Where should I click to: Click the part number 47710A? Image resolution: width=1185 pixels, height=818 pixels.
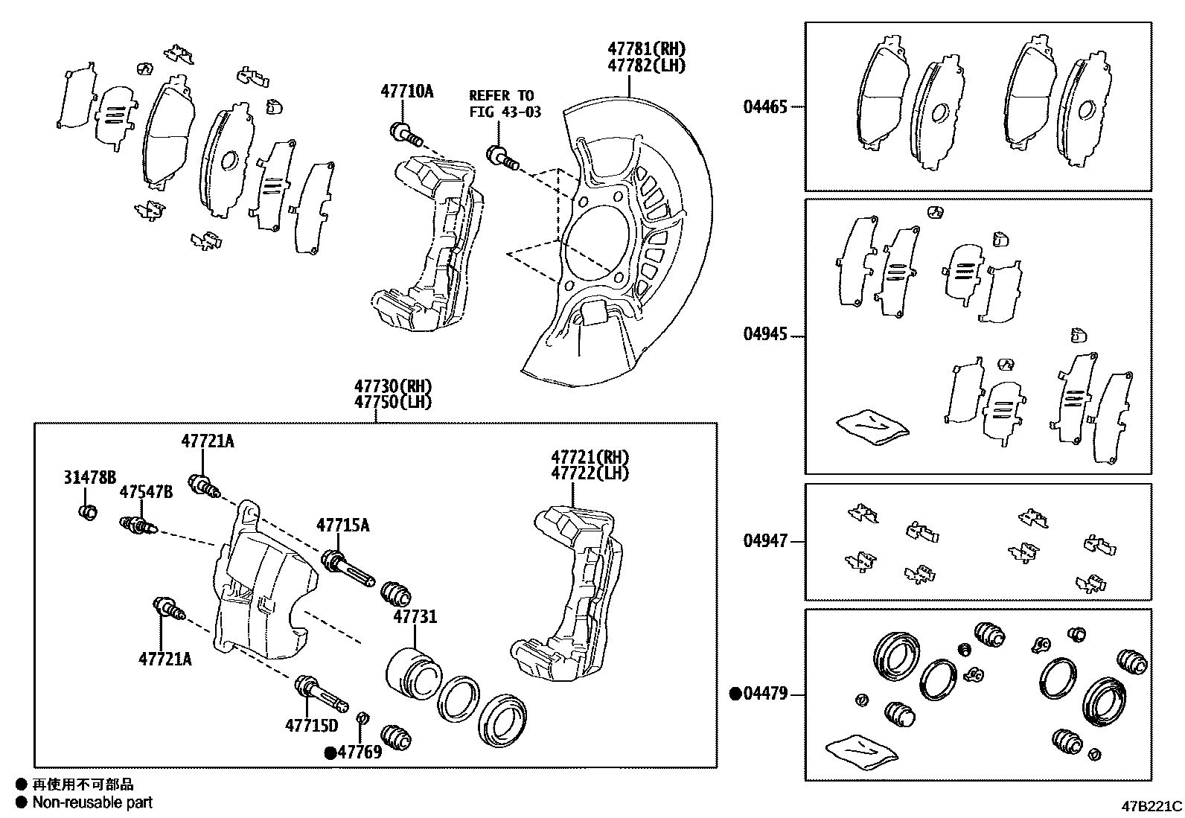(x=406, y=92)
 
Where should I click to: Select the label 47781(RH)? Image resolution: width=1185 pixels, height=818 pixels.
(x=645, y=49)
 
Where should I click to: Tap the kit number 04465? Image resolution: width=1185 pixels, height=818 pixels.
(x=764, y=107)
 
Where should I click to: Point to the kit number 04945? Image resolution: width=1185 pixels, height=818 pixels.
(x=764, y=335)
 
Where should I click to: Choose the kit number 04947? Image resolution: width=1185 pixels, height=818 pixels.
(x=764, y=541)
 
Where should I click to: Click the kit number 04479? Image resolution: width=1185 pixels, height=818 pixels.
(x=764, y=694)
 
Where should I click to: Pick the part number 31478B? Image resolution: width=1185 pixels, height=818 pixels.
(x=89, y=478)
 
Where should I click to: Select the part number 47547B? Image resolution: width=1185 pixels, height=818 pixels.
(x=147, y=492)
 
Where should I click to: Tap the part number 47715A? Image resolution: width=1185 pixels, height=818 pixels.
(x=342, y=525)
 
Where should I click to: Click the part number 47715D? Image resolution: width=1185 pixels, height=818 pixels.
(x=311, y=725)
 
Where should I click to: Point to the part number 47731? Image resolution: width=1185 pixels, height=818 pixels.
(x=415, y=617)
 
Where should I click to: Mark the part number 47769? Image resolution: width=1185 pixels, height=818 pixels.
(x=360, y=752)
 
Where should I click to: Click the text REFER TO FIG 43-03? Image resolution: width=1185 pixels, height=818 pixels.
(x=505, y=104)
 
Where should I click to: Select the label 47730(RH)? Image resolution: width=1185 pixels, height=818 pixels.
(x=393, y=386)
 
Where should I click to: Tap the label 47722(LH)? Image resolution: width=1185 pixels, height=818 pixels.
(x=590, y=473)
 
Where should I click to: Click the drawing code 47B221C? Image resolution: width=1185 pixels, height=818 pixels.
(x=1152, y=806)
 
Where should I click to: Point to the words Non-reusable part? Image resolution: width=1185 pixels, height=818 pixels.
(x=92, y=802)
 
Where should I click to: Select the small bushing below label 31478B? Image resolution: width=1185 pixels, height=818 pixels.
(x=88, y=512)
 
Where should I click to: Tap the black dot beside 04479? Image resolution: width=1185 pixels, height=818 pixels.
(x=735, y=694)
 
